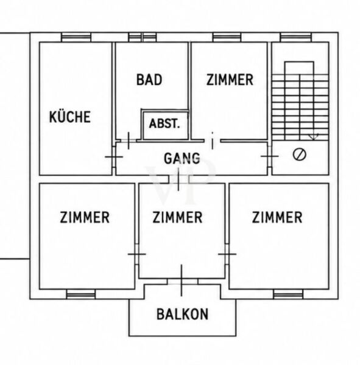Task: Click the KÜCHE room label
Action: click(70, 116)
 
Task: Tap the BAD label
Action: click(149, 80)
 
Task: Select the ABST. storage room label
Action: click(164, 123)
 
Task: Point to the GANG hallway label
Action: click(182, 158)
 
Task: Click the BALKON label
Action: click(182, 314)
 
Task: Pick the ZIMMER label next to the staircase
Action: click(230, 80)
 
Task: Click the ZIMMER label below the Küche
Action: click(85, 217)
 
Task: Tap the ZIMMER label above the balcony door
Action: click(177, 217)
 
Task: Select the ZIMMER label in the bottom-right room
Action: click(277, 217)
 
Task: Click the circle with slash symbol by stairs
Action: click(300, 155)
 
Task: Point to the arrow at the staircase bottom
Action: click(314, 137)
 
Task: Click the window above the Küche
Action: click(76, 37)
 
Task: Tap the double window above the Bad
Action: click(143, 37)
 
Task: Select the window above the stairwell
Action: click(296, 37)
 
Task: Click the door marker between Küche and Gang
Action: click(114, 157)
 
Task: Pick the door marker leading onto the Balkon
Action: click(182, 280)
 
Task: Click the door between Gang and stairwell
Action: click(269, 156)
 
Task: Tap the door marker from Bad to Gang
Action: click(129, 141)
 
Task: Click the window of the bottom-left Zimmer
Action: click(81, 294)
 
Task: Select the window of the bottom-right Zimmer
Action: click(288, 294)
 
